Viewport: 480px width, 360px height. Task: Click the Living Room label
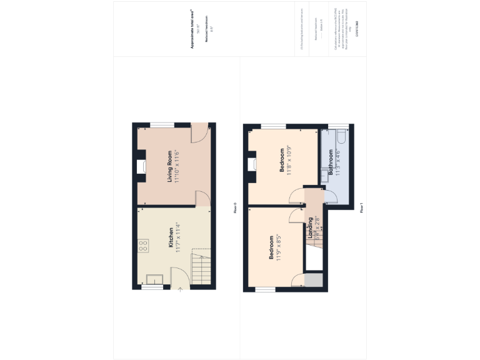[169, 167]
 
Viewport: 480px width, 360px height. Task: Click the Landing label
[310, 228]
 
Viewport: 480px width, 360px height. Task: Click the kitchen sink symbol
[154, 280]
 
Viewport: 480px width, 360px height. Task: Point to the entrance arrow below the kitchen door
[180, 289]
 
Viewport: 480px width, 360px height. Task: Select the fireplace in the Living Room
[141, 166]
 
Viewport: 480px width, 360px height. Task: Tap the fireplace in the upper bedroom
[252, 164]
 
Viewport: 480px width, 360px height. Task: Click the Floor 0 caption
[235, 207]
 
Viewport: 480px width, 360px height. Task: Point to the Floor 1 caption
[362, 207]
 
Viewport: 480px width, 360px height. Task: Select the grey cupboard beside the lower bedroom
[314, 280]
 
